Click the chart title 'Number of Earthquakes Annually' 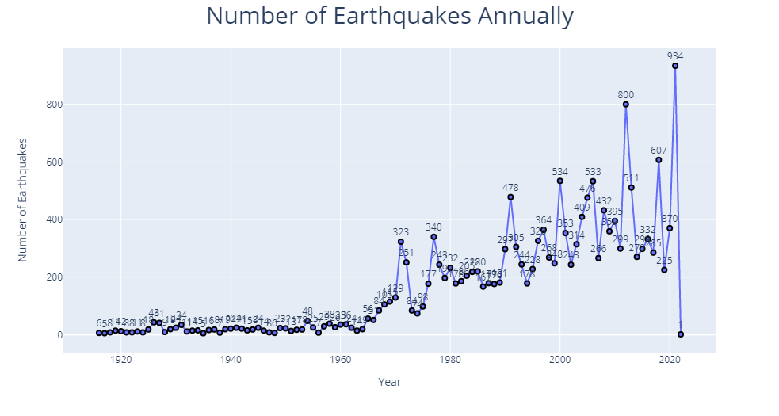(x=389, y=16)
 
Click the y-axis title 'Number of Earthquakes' (x=23, y=199)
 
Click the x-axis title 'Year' (x=389, y=382)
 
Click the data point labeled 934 (x=675, y=66)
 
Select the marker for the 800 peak (x=626, y=105)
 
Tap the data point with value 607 (x=659, y=160)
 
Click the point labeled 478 (x=510, y=197)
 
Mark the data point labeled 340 (x=433, y=237)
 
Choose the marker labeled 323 (x=401, y=242)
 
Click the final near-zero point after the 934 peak (x=681, y=334)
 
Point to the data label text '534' (x=559, y=171)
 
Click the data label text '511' (x=632, y=177)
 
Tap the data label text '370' (x=670, y=219)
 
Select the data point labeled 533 (x=593, y=181)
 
